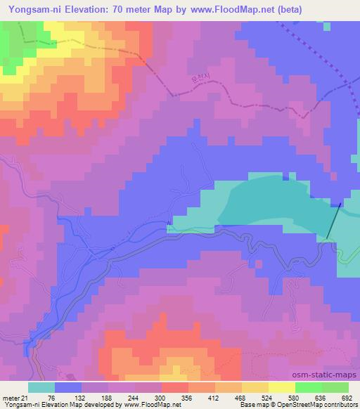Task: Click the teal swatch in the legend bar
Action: click(x=41, y=387)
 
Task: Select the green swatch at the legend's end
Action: click(x=335, y=387)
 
